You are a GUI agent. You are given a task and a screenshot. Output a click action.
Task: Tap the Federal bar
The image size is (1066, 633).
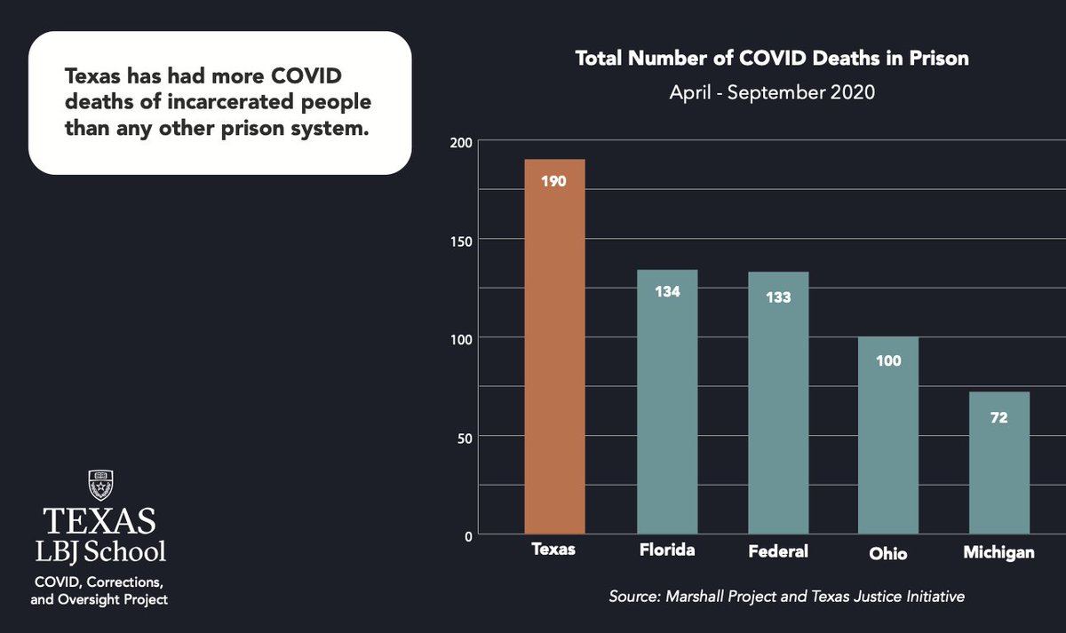click(x=777, y=408)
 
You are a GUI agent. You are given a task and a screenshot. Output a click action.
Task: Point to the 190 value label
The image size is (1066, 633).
click(x=554, y=181)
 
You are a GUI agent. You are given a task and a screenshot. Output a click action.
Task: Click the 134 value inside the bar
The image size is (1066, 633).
click(x=667, y=290)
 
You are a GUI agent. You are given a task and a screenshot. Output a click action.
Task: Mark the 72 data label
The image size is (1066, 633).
click(x=998, y=417)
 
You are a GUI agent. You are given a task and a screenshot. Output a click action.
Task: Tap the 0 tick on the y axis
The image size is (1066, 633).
click(x=467, y=535)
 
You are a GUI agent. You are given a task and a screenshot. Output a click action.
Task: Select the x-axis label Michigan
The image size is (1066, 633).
click(x=998, y=553)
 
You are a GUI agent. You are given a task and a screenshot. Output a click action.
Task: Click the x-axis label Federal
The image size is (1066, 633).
click(x=777, y=551)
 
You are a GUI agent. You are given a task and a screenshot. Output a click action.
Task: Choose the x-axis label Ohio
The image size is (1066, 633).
click(x=888, y=553)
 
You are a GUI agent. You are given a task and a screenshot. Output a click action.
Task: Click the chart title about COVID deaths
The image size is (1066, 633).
click(x=771, y=59)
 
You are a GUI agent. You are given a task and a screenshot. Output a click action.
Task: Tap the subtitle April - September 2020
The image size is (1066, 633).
click(x=771, y=92)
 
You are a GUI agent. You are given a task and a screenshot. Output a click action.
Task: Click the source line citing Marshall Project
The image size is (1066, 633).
click(x=785, y=597)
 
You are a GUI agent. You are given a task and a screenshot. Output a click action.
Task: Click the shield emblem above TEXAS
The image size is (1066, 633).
click(x=100, y=485)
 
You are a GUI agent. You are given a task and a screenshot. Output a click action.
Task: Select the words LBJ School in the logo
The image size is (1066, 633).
click(x=100, y=551)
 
